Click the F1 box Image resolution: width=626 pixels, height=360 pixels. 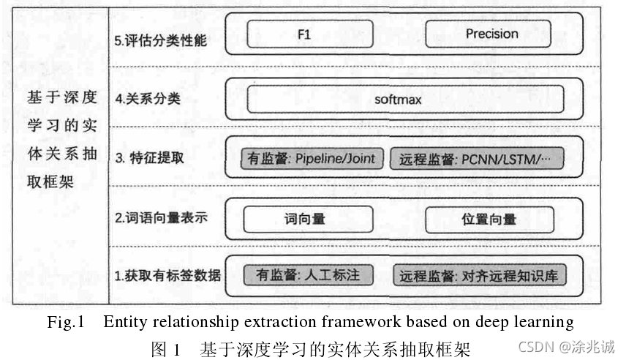point(310,34)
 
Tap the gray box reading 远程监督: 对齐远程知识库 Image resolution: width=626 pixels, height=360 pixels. point(480,275)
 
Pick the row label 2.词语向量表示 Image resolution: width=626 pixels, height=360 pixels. point(161,218)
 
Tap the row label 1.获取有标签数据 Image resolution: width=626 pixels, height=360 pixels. point(167,276)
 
